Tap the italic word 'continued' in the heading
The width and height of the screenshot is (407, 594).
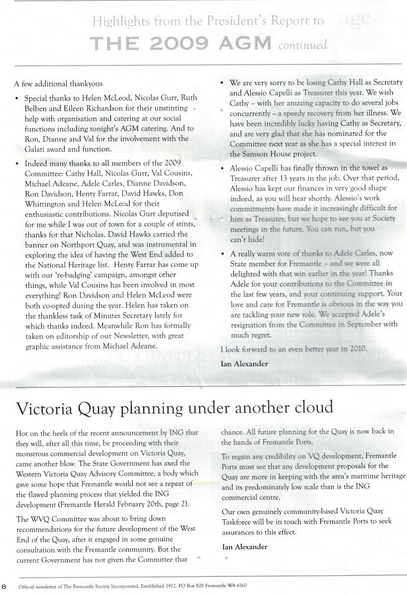(x=303, y=46)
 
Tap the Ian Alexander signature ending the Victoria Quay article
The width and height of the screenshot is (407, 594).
(x=244, y=547)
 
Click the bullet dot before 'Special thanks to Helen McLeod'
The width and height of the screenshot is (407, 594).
(x=18, y=98)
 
